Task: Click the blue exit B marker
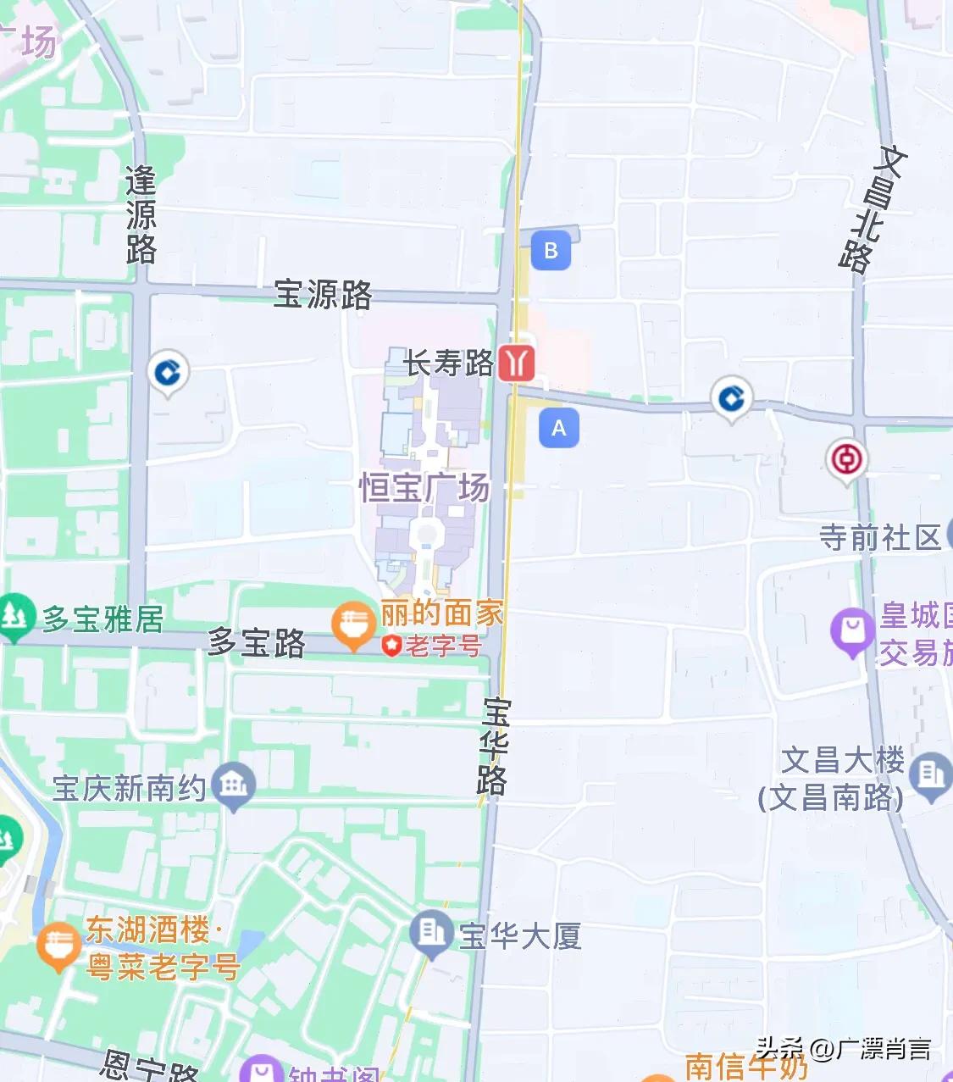tap(551, 251)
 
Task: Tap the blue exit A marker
tap(559, 428)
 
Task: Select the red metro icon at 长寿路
tap(516, 363)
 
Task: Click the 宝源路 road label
tap(323, 295)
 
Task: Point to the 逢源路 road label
tap(141, 214)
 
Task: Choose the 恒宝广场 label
tap(424, 488)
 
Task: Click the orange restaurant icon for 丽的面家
tap(353, 625)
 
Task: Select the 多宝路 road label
tap(257, 643)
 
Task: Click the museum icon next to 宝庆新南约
tap(234, 785)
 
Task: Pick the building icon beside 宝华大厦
tap(431, 932)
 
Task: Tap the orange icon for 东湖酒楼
tap(58, 945)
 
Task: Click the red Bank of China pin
tap(845, 460)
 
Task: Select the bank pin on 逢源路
tap(168, 372)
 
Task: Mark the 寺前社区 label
tap(880, 537)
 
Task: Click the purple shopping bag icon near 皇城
tap(852, 631)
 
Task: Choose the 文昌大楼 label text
tap(841, 761)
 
